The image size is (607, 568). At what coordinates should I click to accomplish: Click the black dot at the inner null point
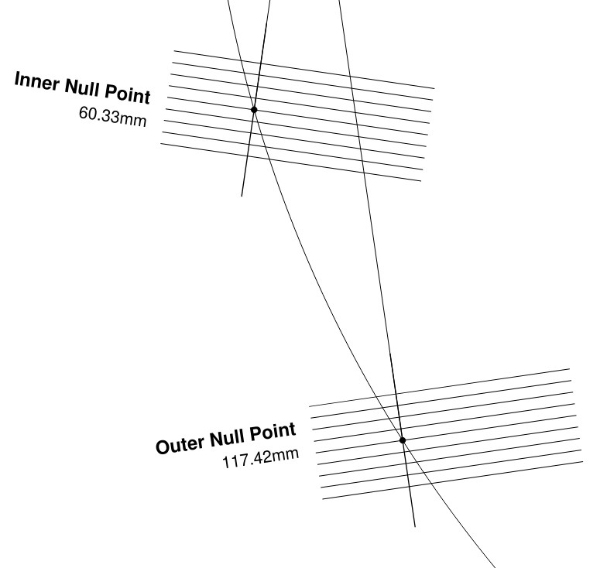pos(254,110)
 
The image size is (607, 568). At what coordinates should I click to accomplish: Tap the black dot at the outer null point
pos(403,440)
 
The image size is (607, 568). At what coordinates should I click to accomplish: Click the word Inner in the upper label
pos(35,81)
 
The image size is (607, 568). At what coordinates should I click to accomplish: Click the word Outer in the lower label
pos(180,445)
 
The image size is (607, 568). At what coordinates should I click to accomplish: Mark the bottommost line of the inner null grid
pos(290,163)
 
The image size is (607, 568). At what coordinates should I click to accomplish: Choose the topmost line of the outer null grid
pos(439,388)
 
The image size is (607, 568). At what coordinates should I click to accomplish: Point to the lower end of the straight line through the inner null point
pos(242,195)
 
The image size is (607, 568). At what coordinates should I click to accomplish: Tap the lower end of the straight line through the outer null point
pos(415,526)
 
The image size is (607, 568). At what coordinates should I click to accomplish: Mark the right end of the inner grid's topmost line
pos(434,88)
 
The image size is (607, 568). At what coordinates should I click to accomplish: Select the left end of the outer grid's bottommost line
pos(322,499)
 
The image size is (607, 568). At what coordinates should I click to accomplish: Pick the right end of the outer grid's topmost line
pos(569,369)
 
